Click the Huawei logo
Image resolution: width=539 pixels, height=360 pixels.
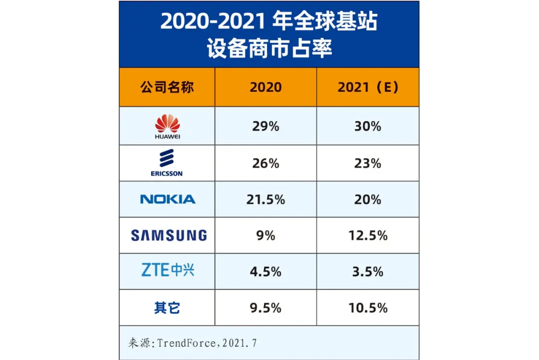167,127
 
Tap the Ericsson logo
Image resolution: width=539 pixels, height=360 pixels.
167,163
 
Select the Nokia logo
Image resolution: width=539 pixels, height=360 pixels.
168,199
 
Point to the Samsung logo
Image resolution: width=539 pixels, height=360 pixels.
169,235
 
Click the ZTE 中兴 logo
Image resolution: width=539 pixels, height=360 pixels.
168,271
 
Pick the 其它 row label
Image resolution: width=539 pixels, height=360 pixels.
167,308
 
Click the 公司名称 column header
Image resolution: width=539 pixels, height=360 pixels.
167,87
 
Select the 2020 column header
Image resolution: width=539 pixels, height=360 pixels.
266,87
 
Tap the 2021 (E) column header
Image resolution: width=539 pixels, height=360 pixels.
368,87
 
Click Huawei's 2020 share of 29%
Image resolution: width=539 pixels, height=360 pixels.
266,127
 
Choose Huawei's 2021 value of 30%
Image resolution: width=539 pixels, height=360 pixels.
368,127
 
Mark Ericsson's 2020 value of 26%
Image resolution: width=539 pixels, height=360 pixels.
266,163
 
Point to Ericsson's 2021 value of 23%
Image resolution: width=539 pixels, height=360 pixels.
368,163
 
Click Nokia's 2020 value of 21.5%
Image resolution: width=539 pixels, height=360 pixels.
266,199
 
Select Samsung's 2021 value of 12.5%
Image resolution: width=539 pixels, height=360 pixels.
368,235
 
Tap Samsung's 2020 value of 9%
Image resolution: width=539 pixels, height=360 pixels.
266,235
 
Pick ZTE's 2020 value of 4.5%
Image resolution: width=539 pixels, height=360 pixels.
266,272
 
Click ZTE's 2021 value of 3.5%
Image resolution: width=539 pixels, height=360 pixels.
368,272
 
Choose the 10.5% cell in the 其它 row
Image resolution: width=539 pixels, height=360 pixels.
368,308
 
